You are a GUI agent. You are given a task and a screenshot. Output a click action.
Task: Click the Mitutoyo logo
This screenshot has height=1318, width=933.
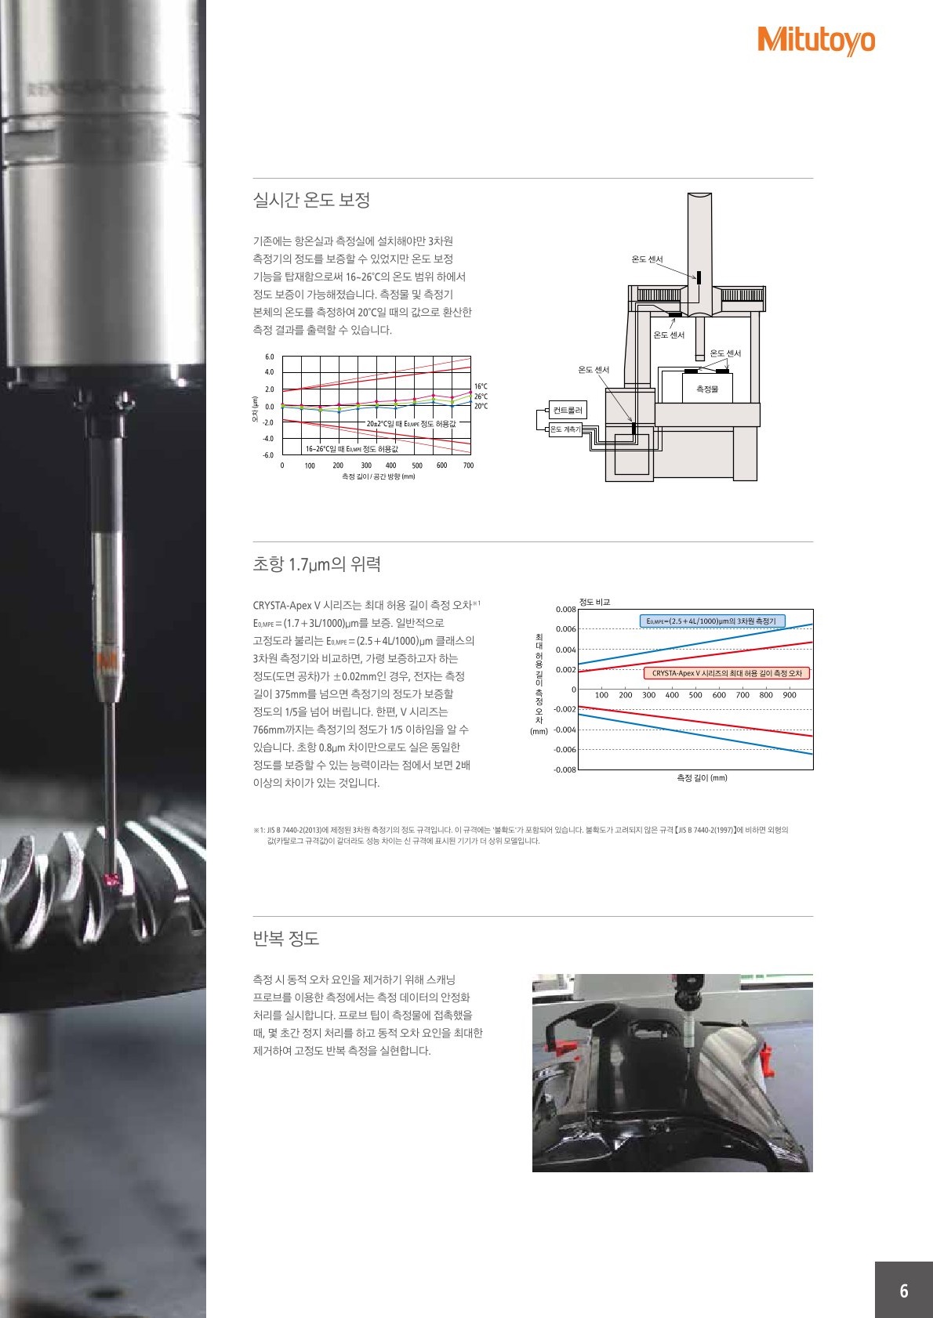click(816, 41)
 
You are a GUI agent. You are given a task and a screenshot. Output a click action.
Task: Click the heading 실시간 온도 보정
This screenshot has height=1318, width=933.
click(311, 200)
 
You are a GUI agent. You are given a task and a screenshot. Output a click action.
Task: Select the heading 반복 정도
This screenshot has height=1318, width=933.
click(286, 938)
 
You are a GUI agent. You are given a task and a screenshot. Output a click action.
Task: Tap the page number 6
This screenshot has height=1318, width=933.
click(903, 1291)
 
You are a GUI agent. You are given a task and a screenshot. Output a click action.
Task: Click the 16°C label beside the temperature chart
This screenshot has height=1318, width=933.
click(481, 386)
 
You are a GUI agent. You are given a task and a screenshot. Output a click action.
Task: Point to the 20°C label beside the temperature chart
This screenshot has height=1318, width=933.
click(481, 406)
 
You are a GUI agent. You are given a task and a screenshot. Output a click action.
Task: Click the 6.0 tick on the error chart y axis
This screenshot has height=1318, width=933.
click(269, 357)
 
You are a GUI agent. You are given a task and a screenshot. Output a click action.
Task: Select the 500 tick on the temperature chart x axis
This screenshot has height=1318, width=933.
click(417, 465)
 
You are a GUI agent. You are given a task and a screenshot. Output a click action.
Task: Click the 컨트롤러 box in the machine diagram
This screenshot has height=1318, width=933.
click(568, 410)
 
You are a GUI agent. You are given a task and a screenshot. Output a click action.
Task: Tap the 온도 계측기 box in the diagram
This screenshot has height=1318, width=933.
click(565, 429)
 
